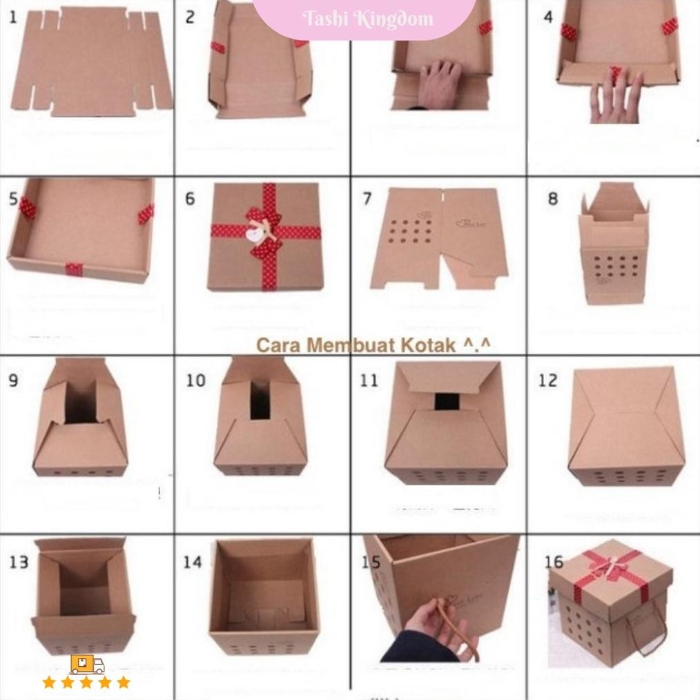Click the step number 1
14,17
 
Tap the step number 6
189,199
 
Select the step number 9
14,380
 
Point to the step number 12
547,380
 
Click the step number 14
192,562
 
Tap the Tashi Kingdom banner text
368,19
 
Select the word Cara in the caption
279,344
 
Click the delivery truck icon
87,664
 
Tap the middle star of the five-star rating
86,683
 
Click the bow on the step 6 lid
263,231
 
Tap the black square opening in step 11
446,401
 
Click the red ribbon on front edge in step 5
74,269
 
